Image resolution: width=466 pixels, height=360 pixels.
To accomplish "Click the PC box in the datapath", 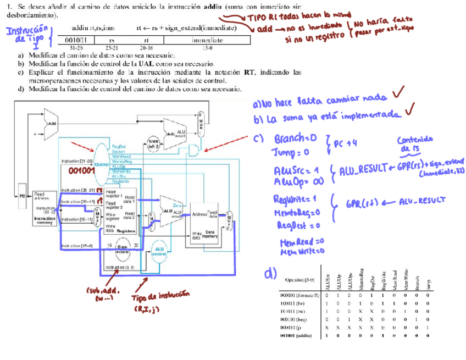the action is [23, 196].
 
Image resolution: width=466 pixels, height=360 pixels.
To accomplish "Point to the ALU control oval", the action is [160, 251].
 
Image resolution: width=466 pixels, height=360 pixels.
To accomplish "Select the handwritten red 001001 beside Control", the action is [82, 171].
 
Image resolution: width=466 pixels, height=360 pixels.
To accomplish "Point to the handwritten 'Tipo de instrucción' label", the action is [156, 299].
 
